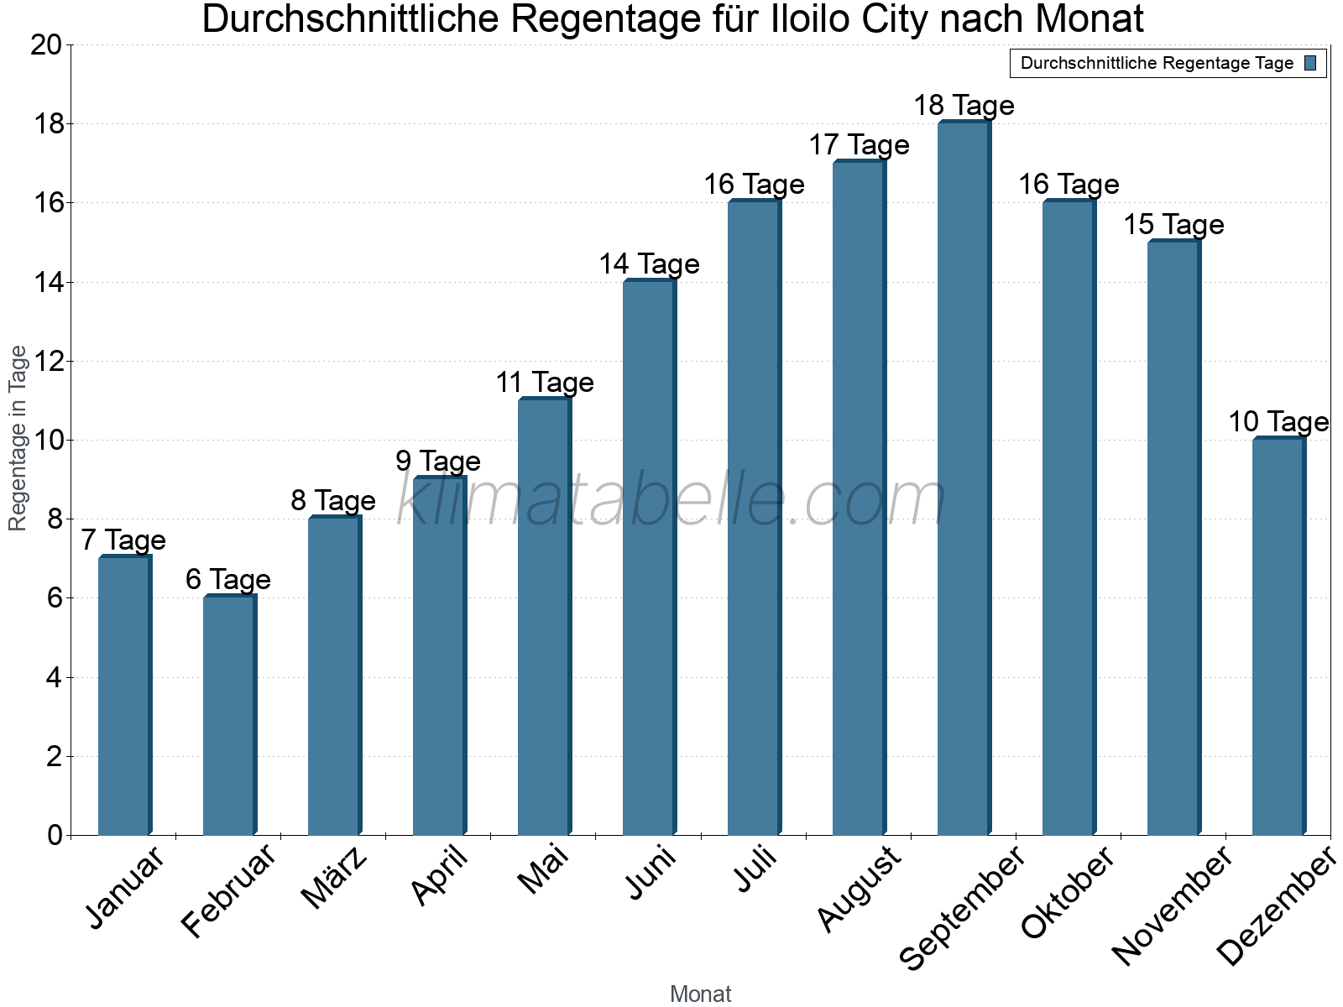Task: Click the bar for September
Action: pos(964,478)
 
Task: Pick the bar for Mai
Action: pos(544,617)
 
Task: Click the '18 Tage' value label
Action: pos(964,106)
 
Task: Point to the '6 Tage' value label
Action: pos(228,580)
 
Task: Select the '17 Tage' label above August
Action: pos(859,145)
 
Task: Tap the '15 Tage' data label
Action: pos(1173,225)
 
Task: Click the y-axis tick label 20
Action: pos(46,45)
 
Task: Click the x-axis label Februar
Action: pos(228,891)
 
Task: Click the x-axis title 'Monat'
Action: pos(701,994)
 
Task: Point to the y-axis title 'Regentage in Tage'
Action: pos(18,438)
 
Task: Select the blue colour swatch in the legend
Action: pos(1310,63)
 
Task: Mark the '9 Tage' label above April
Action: pos(438,462)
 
